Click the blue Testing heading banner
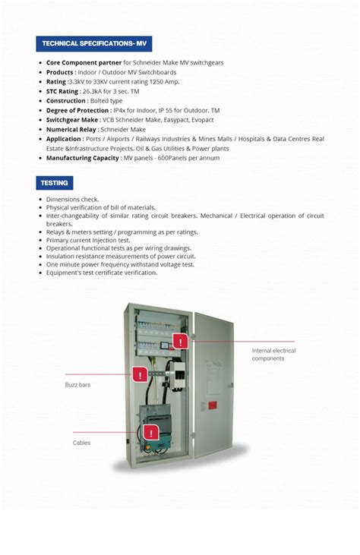[x=55, y=183]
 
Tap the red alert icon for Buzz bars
[x=140, y=374]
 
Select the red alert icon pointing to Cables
[x=150, y=434]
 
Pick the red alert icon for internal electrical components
[x=180, y=341]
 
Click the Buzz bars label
[x=77, y=386]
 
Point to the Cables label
[x=81, y=443]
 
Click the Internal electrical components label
[x=273, y=355]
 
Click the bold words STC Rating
[x=62, y=91]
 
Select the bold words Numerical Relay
[x=71, y=130]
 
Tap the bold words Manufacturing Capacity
[x=82, y=158]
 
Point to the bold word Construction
[x=66, y=101]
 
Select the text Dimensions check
[x=72, y=199]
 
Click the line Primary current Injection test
[x=88, y=240]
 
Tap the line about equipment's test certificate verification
[x=102, y=273]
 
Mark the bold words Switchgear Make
[x=72, y=120]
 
